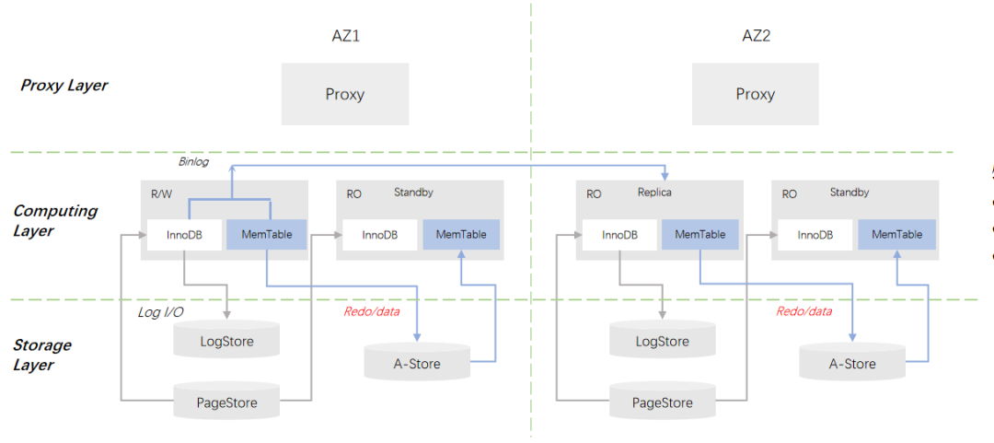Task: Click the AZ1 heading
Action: pyautogui.click(x=345, y=37)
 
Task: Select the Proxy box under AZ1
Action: pyautogui.click(x=345, y=94)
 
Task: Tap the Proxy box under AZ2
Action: pyautogui.click(x=756, y=94)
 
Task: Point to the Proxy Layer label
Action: pyautogui.click(x=64, y=86)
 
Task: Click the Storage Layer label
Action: pyautogui.click(x=42, y=355)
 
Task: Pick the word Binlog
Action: pyautogui.click(x=193, y=162)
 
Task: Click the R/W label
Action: pyautogui.click(x=162, y=194)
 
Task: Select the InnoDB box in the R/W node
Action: pyautogui.click(x=185, y=235)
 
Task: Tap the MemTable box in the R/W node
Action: pyautogui.click(x=267, y=235)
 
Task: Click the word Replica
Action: pyautogui.click(x=655, y=192)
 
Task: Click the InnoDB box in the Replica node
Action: pyautogui.click(x=620, y=235)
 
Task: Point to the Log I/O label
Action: pyautogui.click(x=161, y=313)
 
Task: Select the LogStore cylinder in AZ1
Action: pyautogui.click(x=226, y=342)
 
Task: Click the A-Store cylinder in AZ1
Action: pyautogui.click(x=417, y=364)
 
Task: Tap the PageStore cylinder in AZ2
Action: pyautogui.click(x=663, y=402)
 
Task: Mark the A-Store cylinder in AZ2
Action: pyautogui.click(x=852, y=364)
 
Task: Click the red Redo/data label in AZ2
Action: pyautogui.click(x=803, y=311)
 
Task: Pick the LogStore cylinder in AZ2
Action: pyautogui.click(x=663, y=342)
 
